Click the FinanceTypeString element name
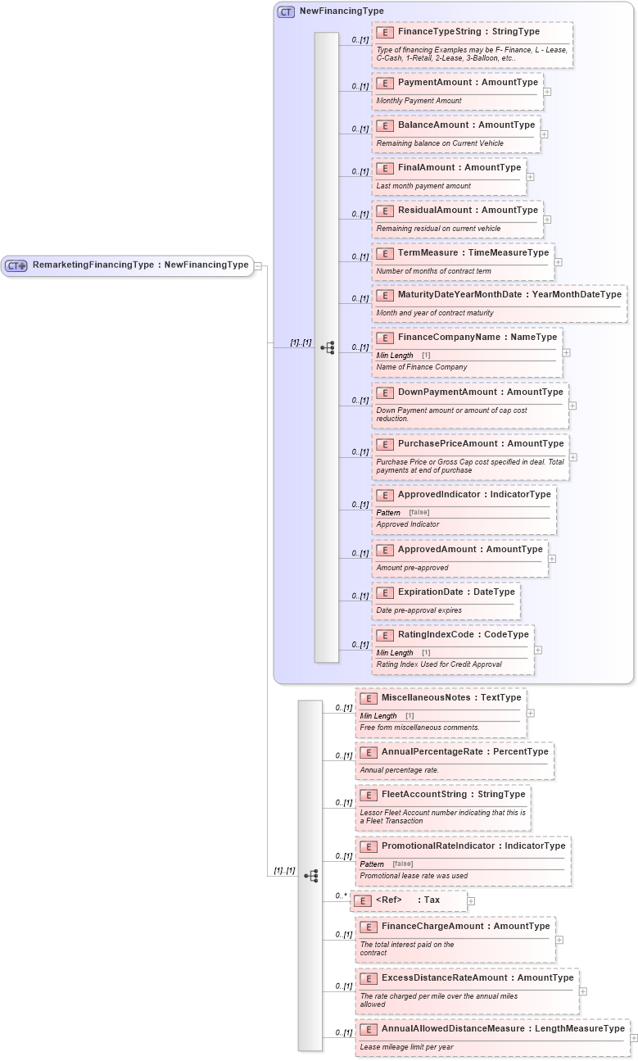tap(468, 32)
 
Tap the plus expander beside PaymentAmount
tap(547, 92)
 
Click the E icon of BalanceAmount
tap(385, 125)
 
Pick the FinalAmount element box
tap(449, 175)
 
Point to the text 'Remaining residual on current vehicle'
tap(438, 229)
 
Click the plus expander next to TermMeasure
tap(559, 263)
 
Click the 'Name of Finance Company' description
tap(422, 367)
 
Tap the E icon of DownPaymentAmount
tap(385, 392)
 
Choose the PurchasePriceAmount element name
tap(481, 444)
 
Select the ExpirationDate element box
tap(446, 600)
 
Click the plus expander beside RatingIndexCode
tap(538, 650)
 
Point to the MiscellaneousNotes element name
tap(451, 698)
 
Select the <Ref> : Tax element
tap(408, 900)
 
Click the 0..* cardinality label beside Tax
tap(341, 896)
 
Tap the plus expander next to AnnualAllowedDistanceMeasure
tap(633, 1038)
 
